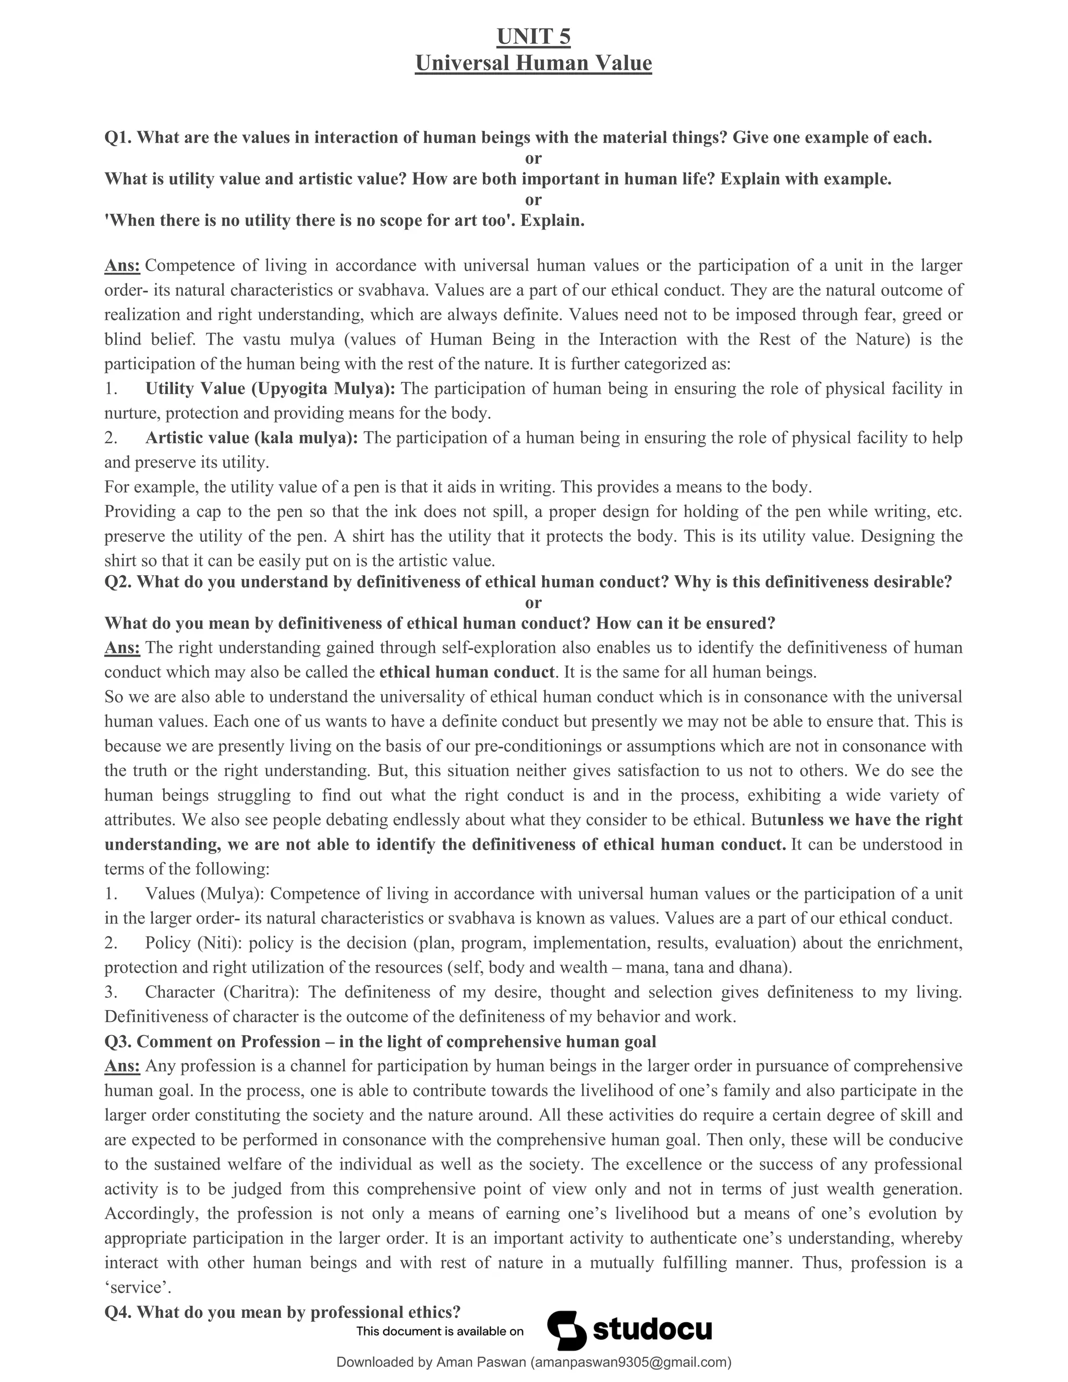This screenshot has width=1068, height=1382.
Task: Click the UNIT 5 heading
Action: (x=533, y=38)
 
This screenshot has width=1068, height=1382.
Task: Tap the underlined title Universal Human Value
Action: (x=533, y=63)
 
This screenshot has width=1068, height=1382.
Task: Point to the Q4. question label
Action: (x=118, y=1312)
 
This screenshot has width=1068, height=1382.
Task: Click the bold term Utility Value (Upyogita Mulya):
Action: (x=270, y=389)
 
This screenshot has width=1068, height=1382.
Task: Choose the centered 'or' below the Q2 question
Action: (x=533, y=602)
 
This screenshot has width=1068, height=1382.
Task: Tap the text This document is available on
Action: (x=440, y=1331)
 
